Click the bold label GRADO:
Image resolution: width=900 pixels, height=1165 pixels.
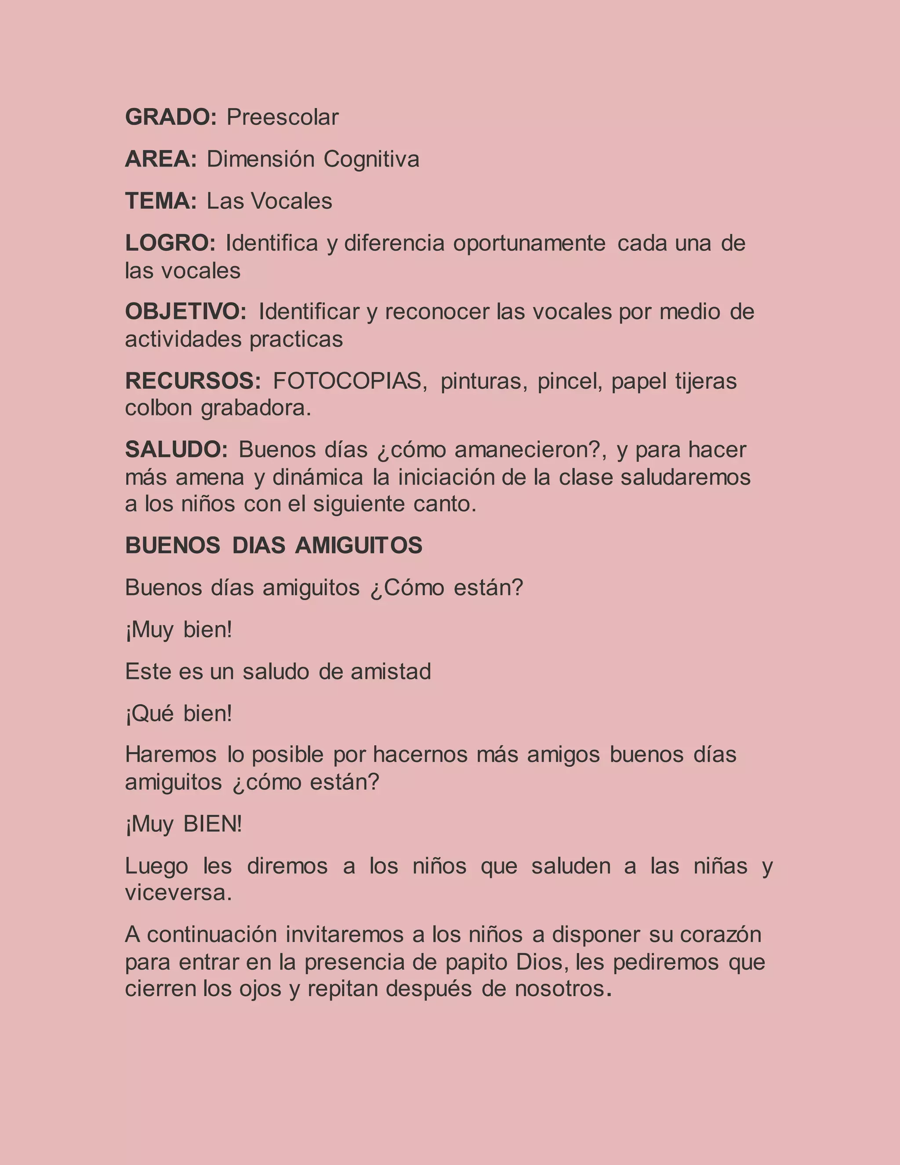click(x=171, y=117)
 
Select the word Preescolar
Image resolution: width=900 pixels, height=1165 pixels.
click(x=283, y=117)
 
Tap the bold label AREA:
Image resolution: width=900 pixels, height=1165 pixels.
click(x=161, y=159)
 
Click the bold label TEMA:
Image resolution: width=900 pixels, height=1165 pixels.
click(x=161, y=201)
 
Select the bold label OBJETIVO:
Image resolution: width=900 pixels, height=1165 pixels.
click(x=185, y=312)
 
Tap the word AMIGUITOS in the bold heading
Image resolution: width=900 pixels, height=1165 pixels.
click(x=358, y=545)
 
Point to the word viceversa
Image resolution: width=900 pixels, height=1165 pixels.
click(x=178, y=892)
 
